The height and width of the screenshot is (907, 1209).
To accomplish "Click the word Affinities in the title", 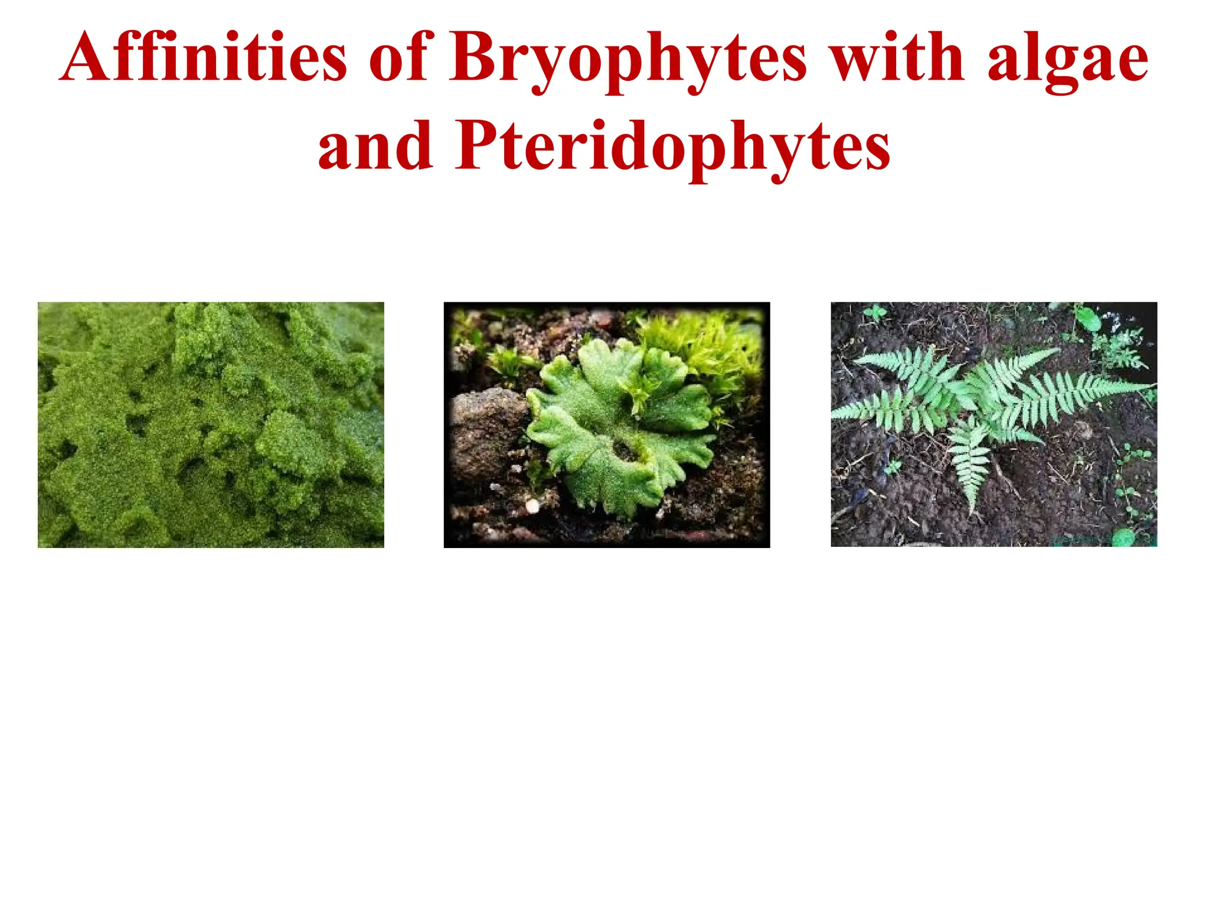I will pos(204,58).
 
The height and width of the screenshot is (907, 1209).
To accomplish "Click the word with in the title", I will pos(897,58).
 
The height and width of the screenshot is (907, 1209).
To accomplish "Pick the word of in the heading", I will pos(401,58).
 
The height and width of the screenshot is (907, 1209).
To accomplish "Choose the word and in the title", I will pos(375,146).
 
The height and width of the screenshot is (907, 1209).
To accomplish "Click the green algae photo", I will pos(211,425).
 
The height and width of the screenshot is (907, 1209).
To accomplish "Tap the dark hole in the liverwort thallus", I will pos(626,452).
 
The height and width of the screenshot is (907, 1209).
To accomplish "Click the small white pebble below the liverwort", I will pos(532,505).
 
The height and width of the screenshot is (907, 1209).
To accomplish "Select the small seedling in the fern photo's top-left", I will pos(875,313).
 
